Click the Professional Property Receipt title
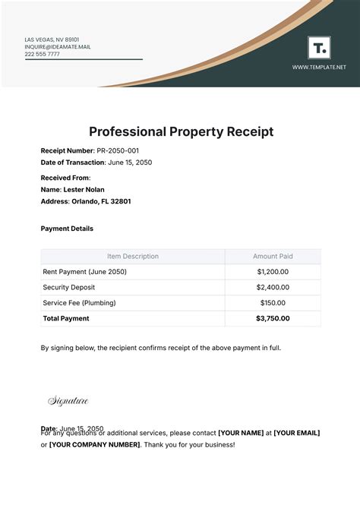pyautogui.click(x=182, y=131)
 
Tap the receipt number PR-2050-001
pyautogui.click(x=118, y=151)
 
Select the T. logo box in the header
pyautogui.click(x=319, y=48)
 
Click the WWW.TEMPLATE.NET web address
pyautogui.click(x=319, y=67)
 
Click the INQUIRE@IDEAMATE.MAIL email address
pyautogui.click(x=57, y=46)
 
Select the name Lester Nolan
pyautogui.click(x=84, y=189)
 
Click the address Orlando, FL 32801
pyautogui.click(x=102, y=201)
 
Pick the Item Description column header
pyautogui.click(x=132, y=257)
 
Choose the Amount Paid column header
pyautogui.click(x=273, y=257)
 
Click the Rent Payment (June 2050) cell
pyautogui.click(x=86, y=272)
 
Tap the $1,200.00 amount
pyautogui.click(x=273, y=272)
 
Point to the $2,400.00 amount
pyautogui.click(x=273, y=288)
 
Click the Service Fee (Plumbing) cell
pyautogui.click(x=79, y=303)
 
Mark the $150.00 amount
pyautogui.click(x=273, y=303)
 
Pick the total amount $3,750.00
pyautogui.click(x=273, y=319)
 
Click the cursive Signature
pyautogui.click(x=68, y=401)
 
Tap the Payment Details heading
pyautogui.click(x=67, y=228)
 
